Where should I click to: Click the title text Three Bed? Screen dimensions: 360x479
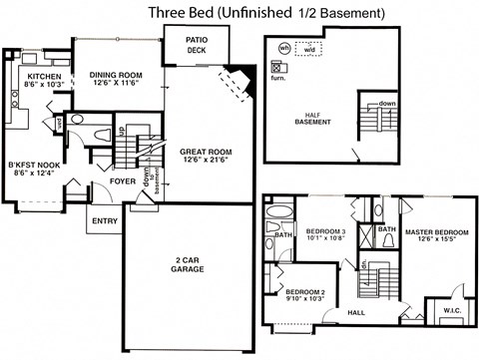[x=180, y=12]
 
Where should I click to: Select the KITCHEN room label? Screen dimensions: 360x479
[x=46, y=77]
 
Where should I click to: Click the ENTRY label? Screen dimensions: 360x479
[x=104, y=220]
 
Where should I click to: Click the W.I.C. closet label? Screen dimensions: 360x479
[x=446, y=310]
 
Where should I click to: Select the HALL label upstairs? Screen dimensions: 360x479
[x=355, y=311]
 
